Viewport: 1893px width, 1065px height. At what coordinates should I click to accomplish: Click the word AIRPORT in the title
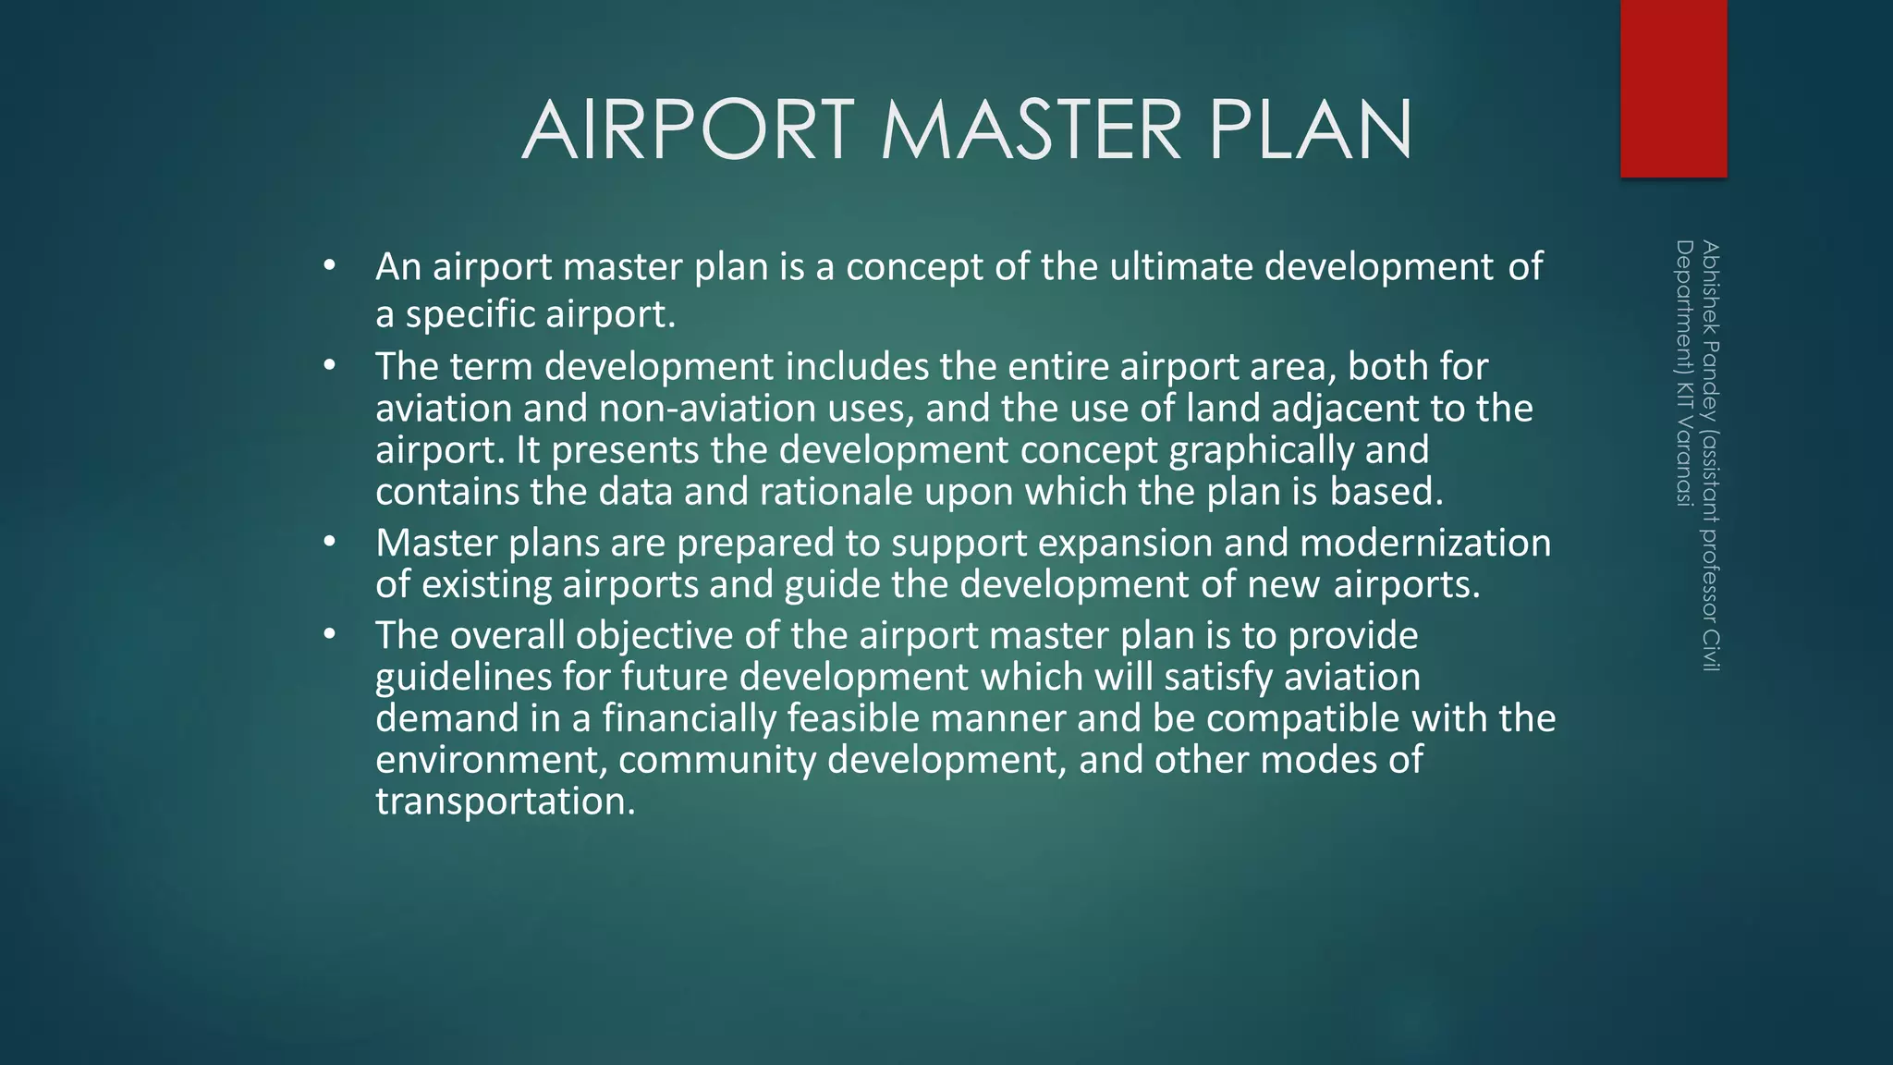point(689,130)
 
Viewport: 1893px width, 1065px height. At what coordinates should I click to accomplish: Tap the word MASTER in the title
point(1031,130)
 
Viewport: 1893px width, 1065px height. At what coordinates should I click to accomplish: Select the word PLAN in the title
point(1310,130)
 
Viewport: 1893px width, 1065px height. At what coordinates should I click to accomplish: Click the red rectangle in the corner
point(1673,89)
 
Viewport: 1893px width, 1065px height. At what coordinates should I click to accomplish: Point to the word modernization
point(1424,543)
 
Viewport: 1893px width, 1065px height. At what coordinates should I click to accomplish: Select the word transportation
point(506,802)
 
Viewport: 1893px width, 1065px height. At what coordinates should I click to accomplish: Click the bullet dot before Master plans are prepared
point(330,542)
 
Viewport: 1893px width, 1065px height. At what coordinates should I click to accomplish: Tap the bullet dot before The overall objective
point(330,634)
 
